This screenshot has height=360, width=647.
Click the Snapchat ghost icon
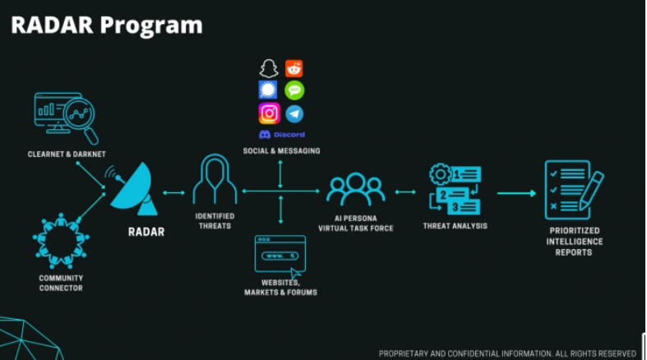click(269, 69)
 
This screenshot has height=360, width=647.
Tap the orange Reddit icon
click(293, 69)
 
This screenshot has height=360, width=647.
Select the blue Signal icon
click(269, 90)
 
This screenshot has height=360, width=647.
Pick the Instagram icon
click(269, 113)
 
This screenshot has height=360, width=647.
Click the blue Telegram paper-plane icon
click(293, 113)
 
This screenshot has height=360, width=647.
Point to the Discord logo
click(281, 134)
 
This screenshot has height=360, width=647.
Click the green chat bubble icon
click(293, 90)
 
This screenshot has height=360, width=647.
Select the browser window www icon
click(280, 256)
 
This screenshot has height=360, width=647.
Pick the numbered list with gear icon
click(455, 189)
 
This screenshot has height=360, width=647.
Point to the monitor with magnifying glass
click(66, 118)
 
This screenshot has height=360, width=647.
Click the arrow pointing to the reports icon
click(515, 193)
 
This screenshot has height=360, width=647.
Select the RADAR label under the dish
click(146, 232)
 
